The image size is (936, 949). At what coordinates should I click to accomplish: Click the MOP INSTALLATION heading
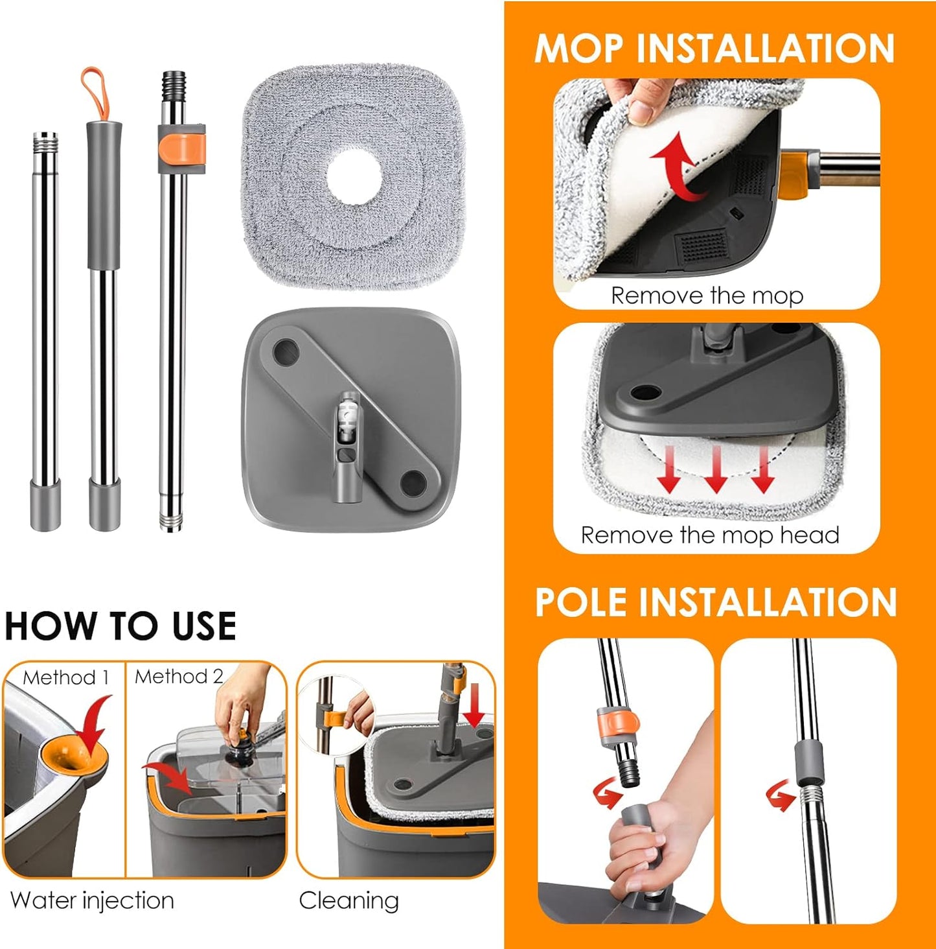pos(714,49)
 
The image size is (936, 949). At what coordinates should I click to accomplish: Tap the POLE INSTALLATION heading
pos(715,602)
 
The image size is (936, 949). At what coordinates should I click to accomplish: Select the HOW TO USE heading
pos(120,626)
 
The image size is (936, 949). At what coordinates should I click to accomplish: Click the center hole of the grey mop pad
pos(354,176)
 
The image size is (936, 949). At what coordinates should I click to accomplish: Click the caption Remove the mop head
pos(710,535)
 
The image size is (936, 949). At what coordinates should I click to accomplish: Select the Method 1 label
pos(65,677)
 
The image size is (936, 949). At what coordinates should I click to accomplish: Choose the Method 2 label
pos(179,676)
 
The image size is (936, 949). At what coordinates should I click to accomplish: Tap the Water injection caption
pos(92,900)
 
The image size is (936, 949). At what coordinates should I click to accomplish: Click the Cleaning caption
pos(348,900)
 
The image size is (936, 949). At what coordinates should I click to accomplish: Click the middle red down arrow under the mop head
pos(716,471)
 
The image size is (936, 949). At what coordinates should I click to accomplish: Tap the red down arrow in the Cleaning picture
pos(474,707)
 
